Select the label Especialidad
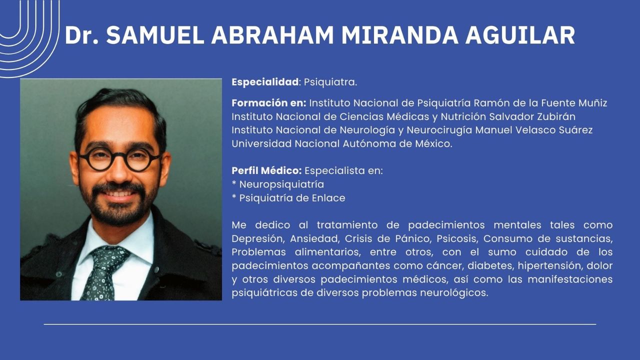click(265, 82)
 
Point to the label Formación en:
click(268, 103)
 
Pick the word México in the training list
click(431, 143)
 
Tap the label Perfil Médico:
click(266, 170)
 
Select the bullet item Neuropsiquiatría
click(281, 184)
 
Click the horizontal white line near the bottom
click(320, 324)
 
